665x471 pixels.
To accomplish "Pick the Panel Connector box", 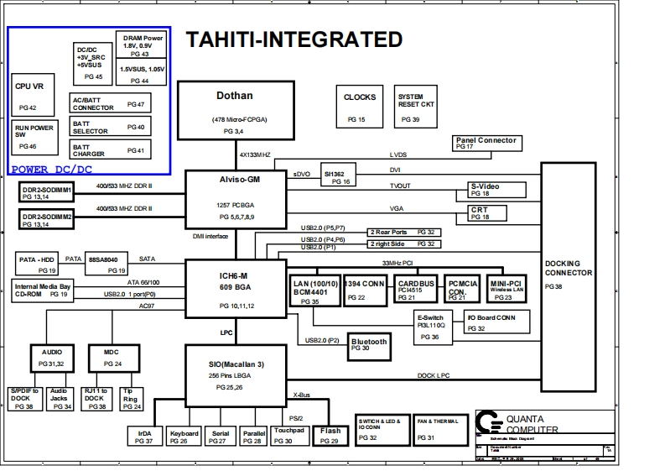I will click(x=486, y=144).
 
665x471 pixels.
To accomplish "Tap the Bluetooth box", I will click(x=369, y=344).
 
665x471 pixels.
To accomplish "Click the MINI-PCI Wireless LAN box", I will click(x=507, y=290).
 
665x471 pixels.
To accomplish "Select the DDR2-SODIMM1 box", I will click(x=47, y=194).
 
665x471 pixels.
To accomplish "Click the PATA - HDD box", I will click(x=38, y=263).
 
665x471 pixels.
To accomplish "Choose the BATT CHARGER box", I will click(x=109, y=150).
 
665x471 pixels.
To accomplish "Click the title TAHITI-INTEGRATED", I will click(x=294, y=39).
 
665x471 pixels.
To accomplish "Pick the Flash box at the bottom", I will click(x=330, y=433).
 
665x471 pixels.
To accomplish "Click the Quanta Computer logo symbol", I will click(x=486, y=420).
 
